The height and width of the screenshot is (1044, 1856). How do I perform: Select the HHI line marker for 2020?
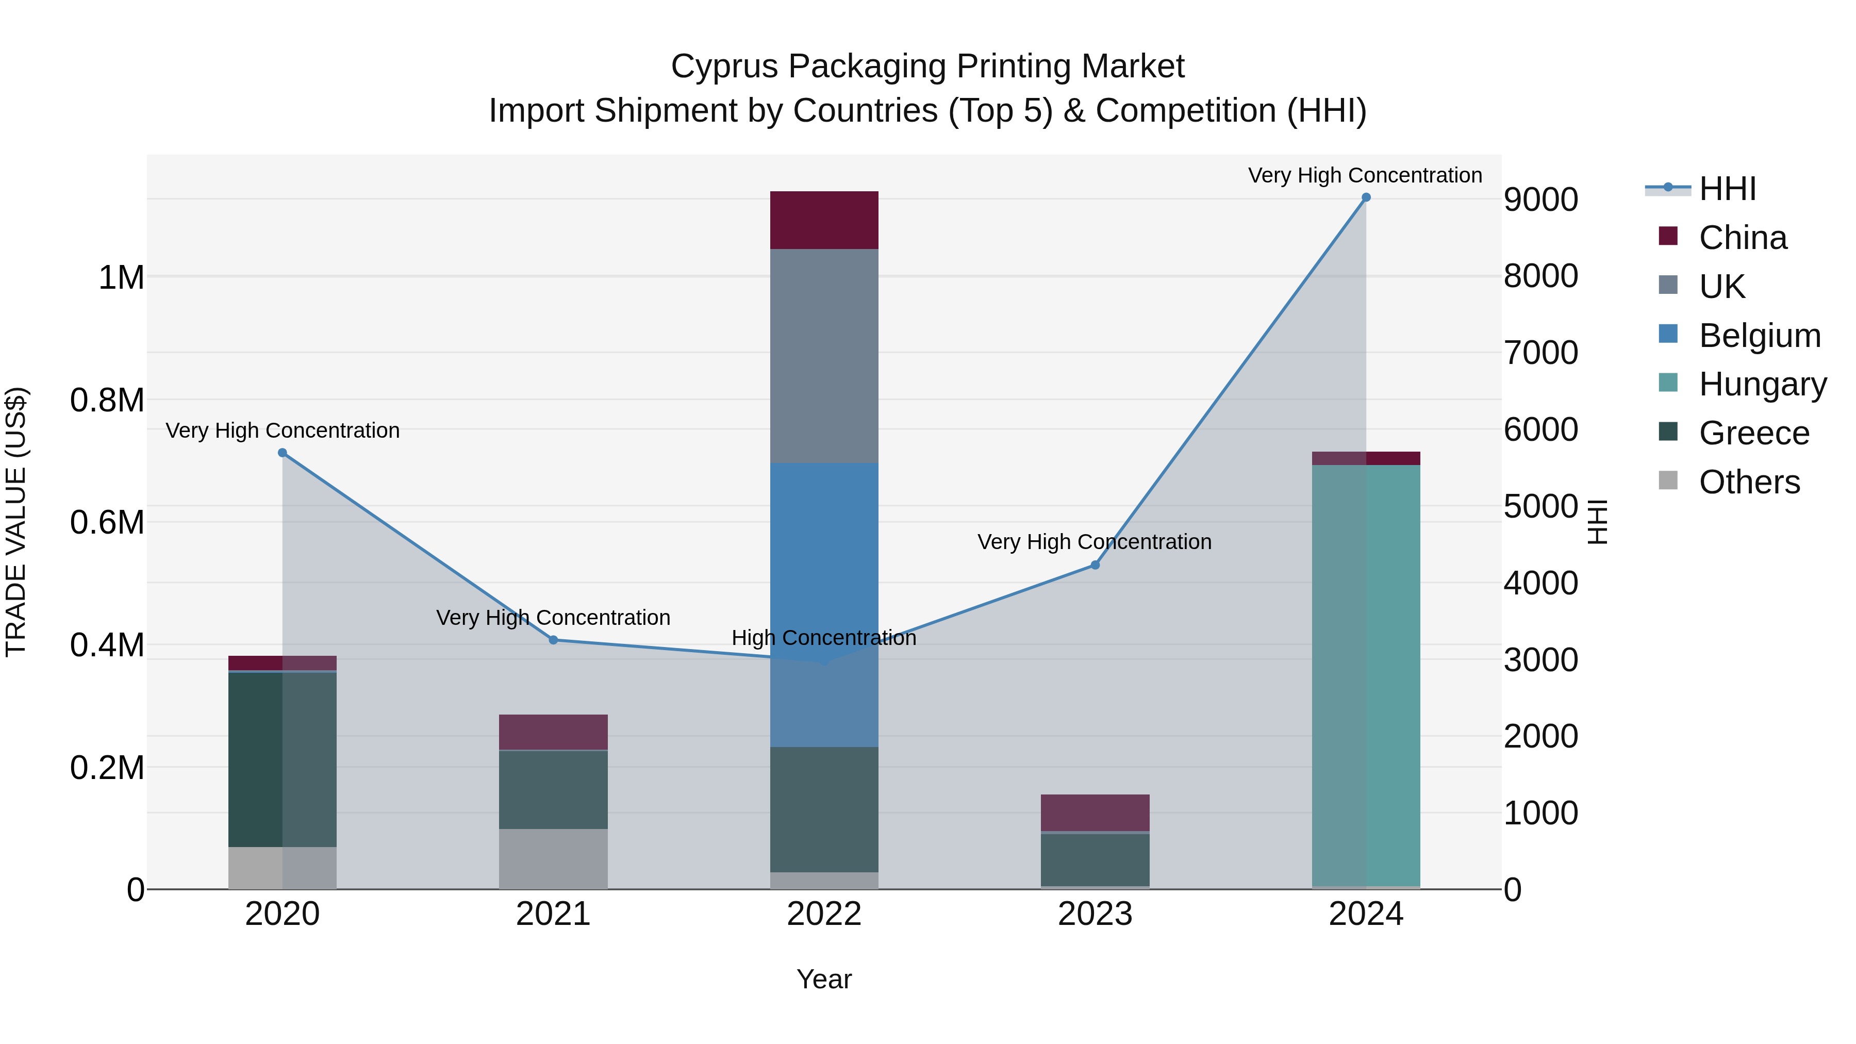click(x=283, y=453)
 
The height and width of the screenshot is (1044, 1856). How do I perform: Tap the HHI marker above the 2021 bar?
click(x=553, y=640)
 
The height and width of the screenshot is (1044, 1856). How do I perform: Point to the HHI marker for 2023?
click(x=1095, y=566)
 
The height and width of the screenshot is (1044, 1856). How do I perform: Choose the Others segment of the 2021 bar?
click(x=553, y=859)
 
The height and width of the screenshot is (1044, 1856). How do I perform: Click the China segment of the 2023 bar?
click(x=1095, y=813)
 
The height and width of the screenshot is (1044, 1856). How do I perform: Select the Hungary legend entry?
click(x=1762, y=384)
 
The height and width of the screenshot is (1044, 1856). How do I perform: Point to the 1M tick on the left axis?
click(x=121, y=277)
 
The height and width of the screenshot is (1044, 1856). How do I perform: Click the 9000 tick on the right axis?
click(x=1540, y=200)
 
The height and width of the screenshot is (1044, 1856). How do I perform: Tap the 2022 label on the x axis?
click(x=824, y=914)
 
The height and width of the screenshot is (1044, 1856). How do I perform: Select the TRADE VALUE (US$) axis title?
click(x=16, y=522)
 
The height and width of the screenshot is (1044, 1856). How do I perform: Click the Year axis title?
click(x=824, y=979)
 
